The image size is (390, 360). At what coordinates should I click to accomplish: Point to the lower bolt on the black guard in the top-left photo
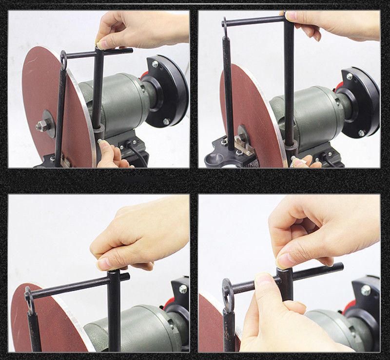click(166, 121)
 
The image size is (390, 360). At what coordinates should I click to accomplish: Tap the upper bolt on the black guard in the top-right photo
click(350, 76)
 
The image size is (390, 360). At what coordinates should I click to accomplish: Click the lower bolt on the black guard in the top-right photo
click(361, 133)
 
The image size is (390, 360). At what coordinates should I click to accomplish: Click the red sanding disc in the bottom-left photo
click(54, 322)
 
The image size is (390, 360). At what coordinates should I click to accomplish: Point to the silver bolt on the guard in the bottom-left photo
click(183, 289)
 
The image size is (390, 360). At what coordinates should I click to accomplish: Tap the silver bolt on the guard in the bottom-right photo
click(365, 291)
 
